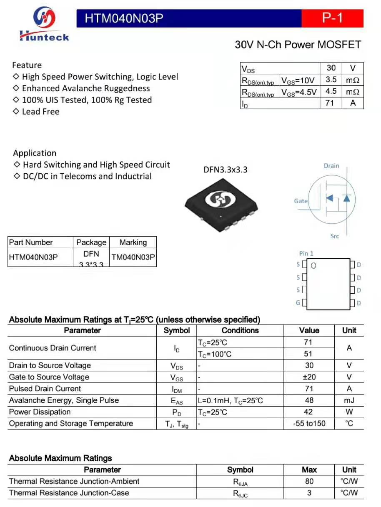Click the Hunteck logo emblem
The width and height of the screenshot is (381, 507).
44,18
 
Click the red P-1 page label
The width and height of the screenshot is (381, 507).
332,18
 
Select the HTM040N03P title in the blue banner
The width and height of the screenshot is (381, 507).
123,18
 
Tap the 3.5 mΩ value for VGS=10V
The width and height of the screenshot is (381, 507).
331,80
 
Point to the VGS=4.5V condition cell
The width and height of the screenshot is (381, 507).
298,92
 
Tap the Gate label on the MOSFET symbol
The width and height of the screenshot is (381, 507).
301,201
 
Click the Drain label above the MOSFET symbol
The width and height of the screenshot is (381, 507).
331,166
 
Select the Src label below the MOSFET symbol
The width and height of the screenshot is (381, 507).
335,236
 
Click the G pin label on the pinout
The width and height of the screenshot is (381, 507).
298,303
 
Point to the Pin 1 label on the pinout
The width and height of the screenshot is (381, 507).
306,253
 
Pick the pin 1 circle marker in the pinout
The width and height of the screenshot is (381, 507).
313,265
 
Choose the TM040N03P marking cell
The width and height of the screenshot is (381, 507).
133,257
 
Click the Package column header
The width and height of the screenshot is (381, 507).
91,242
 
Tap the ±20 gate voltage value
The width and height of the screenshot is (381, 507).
309,377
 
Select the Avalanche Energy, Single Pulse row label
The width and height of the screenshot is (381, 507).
64,400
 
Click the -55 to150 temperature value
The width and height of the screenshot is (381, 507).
309,424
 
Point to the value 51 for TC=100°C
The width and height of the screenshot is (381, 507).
308,354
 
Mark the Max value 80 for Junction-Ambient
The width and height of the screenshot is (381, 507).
309,481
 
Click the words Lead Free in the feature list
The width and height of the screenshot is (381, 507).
40,112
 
